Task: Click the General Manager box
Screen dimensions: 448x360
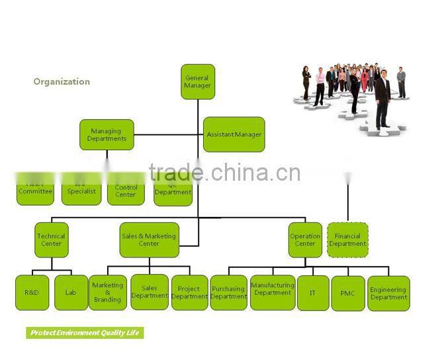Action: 198,82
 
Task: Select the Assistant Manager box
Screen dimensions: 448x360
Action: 234,134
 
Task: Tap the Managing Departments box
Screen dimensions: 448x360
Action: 107,135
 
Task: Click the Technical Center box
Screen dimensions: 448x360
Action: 51,240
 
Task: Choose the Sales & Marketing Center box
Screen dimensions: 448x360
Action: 149,240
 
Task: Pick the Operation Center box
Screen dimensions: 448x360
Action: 305,240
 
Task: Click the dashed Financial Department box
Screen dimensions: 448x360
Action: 347,240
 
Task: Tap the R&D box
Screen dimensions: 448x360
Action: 32,292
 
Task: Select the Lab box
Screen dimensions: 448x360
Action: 71,292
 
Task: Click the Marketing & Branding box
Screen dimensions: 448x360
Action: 107,292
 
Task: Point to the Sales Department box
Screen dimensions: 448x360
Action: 150,292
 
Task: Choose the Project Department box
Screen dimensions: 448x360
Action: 189,292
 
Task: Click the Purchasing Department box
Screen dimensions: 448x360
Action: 228,292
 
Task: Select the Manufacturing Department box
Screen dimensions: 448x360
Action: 273,292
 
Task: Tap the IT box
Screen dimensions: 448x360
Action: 312,292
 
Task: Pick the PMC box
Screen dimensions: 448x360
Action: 347,292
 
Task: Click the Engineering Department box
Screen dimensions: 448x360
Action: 388,292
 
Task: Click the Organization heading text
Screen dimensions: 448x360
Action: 62,82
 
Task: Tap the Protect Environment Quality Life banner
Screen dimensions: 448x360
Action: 85,333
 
